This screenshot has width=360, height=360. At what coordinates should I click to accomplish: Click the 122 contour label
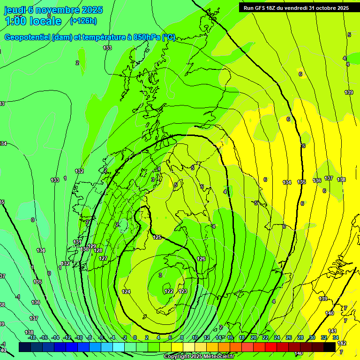(x=169, y=292)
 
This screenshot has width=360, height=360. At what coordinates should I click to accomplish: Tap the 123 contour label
(x=183, y=292)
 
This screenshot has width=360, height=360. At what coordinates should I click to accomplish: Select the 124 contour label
(x=126, y=292)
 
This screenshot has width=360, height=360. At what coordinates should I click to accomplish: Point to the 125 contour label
(x=157, y=238)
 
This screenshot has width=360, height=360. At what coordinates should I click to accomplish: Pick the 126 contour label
(x=201, y=259)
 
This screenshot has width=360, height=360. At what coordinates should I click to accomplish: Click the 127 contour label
(x=103, y=259)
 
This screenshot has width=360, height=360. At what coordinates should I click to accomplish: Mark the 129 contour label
(x=92, y=247)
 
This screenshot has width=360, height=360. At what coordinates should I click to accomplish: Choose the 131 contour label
(x=77, y=242)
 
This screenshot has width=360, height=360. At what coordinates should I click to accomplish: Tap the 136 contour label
(x=317, y=180)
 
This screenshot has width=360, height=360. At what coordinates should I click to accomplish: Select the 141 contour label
(x=332, y=331)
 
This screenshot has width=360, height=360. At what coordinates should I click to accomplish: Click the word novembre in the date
(x=54, y=10)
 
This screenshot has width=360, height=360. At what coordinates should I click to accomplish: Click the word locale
(x=45, y=22)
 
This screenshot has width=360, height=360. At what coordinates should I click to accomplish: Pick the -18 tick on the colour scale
(x=32, y=337)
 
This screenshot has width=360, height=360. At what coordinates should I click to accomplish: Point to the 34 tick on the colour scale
(x=336, y=337)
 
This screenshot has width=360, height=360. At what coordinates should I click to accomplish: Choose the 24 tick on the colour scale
(x=277, y=337)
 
